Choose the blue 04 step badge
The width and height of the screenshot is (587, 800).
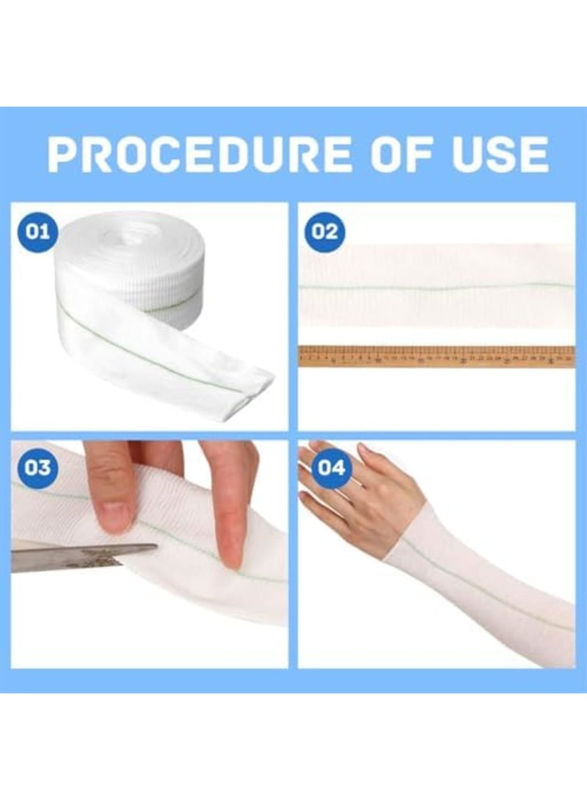tap(330, 467)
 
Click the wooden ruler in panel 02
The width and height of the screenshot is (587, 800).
tap(436, 356)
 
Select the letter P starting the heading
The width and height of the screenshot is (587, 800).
tap(64, 155)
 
